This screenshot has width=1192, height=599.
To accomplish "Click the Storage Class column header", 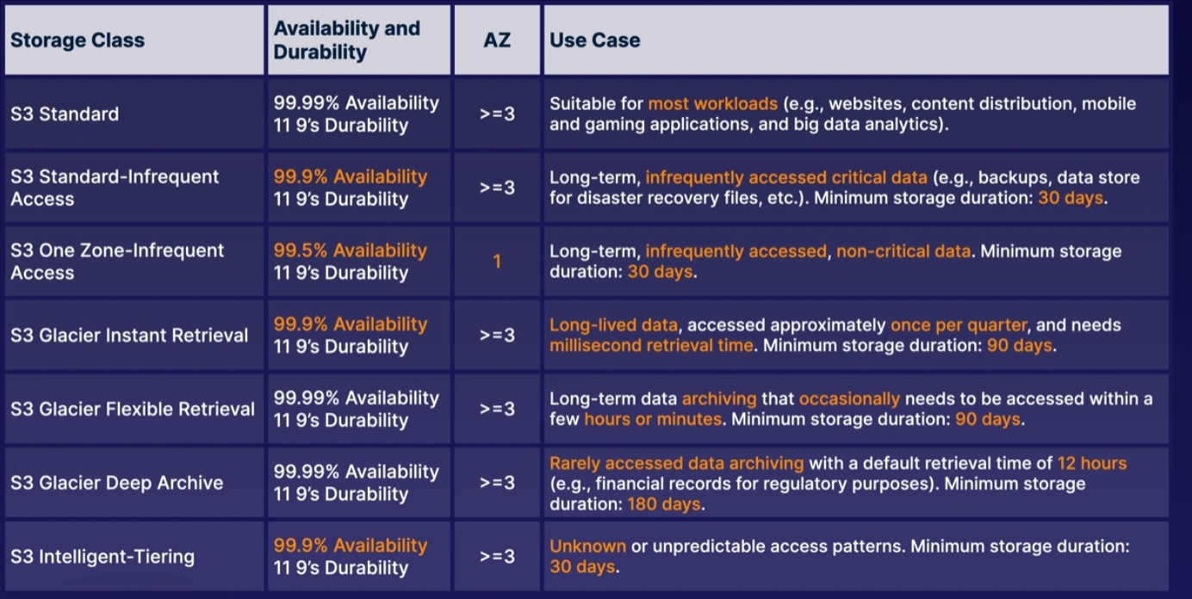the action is click(x=78, y=40).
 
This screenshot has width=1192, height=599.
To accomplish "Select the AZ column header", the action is click(x=497, y=40).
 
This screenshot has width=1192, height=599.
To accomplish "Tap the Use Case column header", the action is click(x=595, y=40).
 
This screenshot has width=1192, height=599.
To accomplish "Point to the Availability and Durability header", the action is click(x=347, y=40).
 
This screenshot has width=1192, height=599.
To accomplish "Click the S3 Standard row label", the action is click(x=65, y=114).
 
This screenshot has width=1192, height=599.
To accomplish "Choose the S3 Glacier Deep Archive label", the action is click(x=117, y=483).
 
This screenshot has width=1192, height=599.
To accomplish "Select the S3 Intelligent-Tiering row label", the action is click(x=102, y=557).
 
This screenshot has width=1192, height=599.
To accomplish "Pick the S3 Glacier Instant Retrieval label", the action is click(x=129, y=335).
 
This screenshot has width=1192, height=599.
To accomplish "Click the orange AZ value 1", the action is click(x=497, y=262).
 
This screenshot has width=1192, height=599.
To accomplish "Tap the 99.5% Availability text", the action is click(x=351, y=250).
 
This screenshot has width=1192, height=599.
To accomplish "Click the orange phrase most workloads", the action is click(x=713, y=104).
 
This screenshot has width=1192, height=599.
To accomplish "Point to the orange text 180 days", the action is click(x=664, y=503).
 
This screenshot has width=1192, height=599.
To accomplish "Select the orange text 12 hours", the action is click(x=1092, y=463).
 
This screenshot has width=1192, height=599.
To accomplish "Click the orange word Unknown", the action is click(x=588, y=547).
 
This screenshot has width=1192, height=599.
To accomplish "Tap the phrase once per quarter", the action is click(x=959, y=325).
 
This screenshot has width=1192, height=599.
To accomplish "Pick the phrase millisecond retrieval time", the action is click(x=652, y=346).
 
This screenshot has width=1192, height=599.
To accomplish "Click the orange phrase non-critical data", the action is click(x=903, y=251).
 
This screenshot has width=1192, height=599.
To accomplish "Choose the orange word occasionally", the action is click(x=849, y=399).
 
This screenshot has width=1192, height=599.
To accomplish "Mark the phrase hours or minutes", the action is click(x=653, y=419).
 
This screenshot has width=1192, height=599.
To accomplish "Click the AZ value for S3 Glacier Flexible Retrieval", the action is click(x=497, y=409).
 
